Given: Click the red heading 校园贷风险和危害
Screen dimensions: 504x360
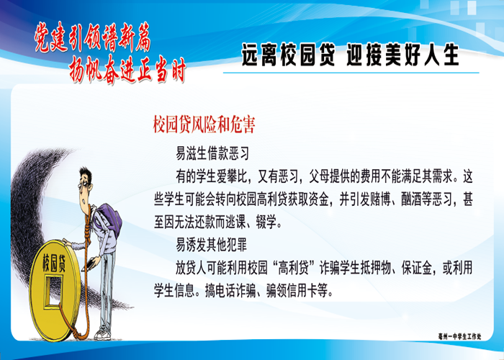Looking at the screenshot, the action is (204, 125).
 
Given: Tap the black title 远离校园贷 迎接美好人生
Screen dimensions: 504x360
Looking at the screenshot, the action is (350, 55).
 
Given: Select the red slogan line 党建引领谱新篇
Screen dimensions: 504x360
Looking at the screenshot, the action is (93, 37).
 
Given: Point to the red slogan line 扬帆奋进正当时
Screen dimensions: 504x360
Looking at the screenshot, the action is (127, 69).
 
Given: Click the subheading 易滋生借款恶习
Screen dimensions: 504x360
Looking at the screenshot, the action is (212, 153).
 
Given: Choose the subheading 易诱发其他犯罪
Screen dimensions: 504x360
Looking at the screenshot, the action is (211, 246).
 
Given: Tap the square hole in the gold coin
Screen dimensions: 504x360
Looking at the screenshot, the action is (53, 291).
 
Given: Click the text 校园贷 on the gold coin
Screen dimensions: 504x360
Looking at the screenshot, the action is (54, 264).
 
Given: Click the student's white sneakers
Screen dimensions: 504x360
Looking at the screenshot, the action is (102, 334).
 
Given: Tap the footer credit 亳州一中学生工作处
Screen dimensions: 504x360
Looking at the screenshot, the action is (460, 336).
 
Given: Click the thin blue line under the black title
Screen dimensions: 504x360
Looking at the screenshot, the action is (351, 73).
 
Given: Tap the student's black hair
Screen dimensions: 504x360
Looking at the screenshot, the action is (86, 174).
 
